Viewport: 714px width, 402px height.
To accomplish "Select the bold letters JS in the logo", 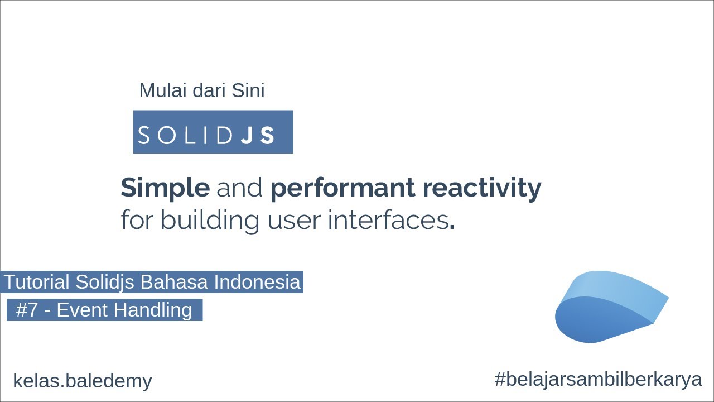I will pos(258,136).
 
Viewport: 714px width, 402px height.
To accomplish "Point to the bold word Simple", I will pos(165,188).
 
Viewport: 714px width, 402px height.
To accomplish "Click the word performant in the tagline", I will pos(341,189).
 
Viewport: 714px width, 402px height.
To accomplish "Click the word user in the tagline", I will pos(293,220).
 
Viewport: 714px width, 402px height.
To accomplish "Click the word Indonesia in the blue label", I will pos(257,282).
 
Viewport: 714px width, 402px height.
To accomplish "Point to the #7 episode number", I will pos(26,309).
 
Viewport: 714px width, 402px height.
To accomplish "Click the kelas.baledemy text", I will pos(83,381).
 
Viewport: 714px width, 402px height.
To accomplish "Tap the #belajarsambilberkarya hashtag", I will pos(598,380).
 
